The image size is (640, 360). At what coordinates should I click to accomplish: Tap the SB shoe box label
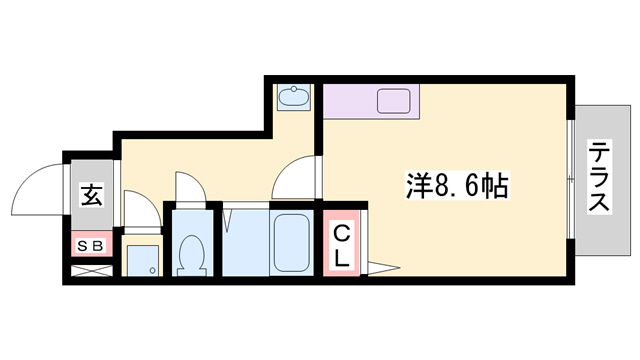pos(91,243)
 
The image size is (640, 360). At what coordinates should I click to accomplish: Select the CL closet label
pos(341,246)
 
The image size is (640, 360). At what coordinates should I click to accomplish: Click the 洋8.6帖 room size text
pos(455,185)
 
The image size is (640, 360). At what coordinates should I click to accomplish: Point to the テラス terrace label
pos(600,177)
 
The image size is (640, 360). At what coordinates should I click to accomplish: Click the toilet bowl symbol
pos(189,254)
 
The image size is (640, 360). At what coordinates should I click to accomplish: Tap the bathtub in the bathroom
pos(294,243)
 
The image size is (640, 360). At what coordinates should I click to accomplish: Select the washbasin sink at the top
pos(293,98)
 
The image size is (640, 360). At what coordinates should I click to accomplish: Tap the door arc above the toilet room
pos(190,188)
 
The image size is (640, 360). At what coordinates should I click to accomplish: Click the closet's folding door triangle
pos(382,266)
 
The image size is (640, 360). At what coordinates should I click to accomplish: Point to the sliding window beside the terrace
pos(570,180)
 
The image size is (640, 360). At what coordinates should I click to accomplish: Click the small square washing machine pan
pos(143,260)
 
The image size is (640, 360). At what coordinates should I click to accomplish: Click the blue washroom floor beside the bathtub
pos(245,245)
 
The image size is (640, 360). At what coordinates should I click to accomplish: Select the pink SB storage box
pos(91,243)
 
